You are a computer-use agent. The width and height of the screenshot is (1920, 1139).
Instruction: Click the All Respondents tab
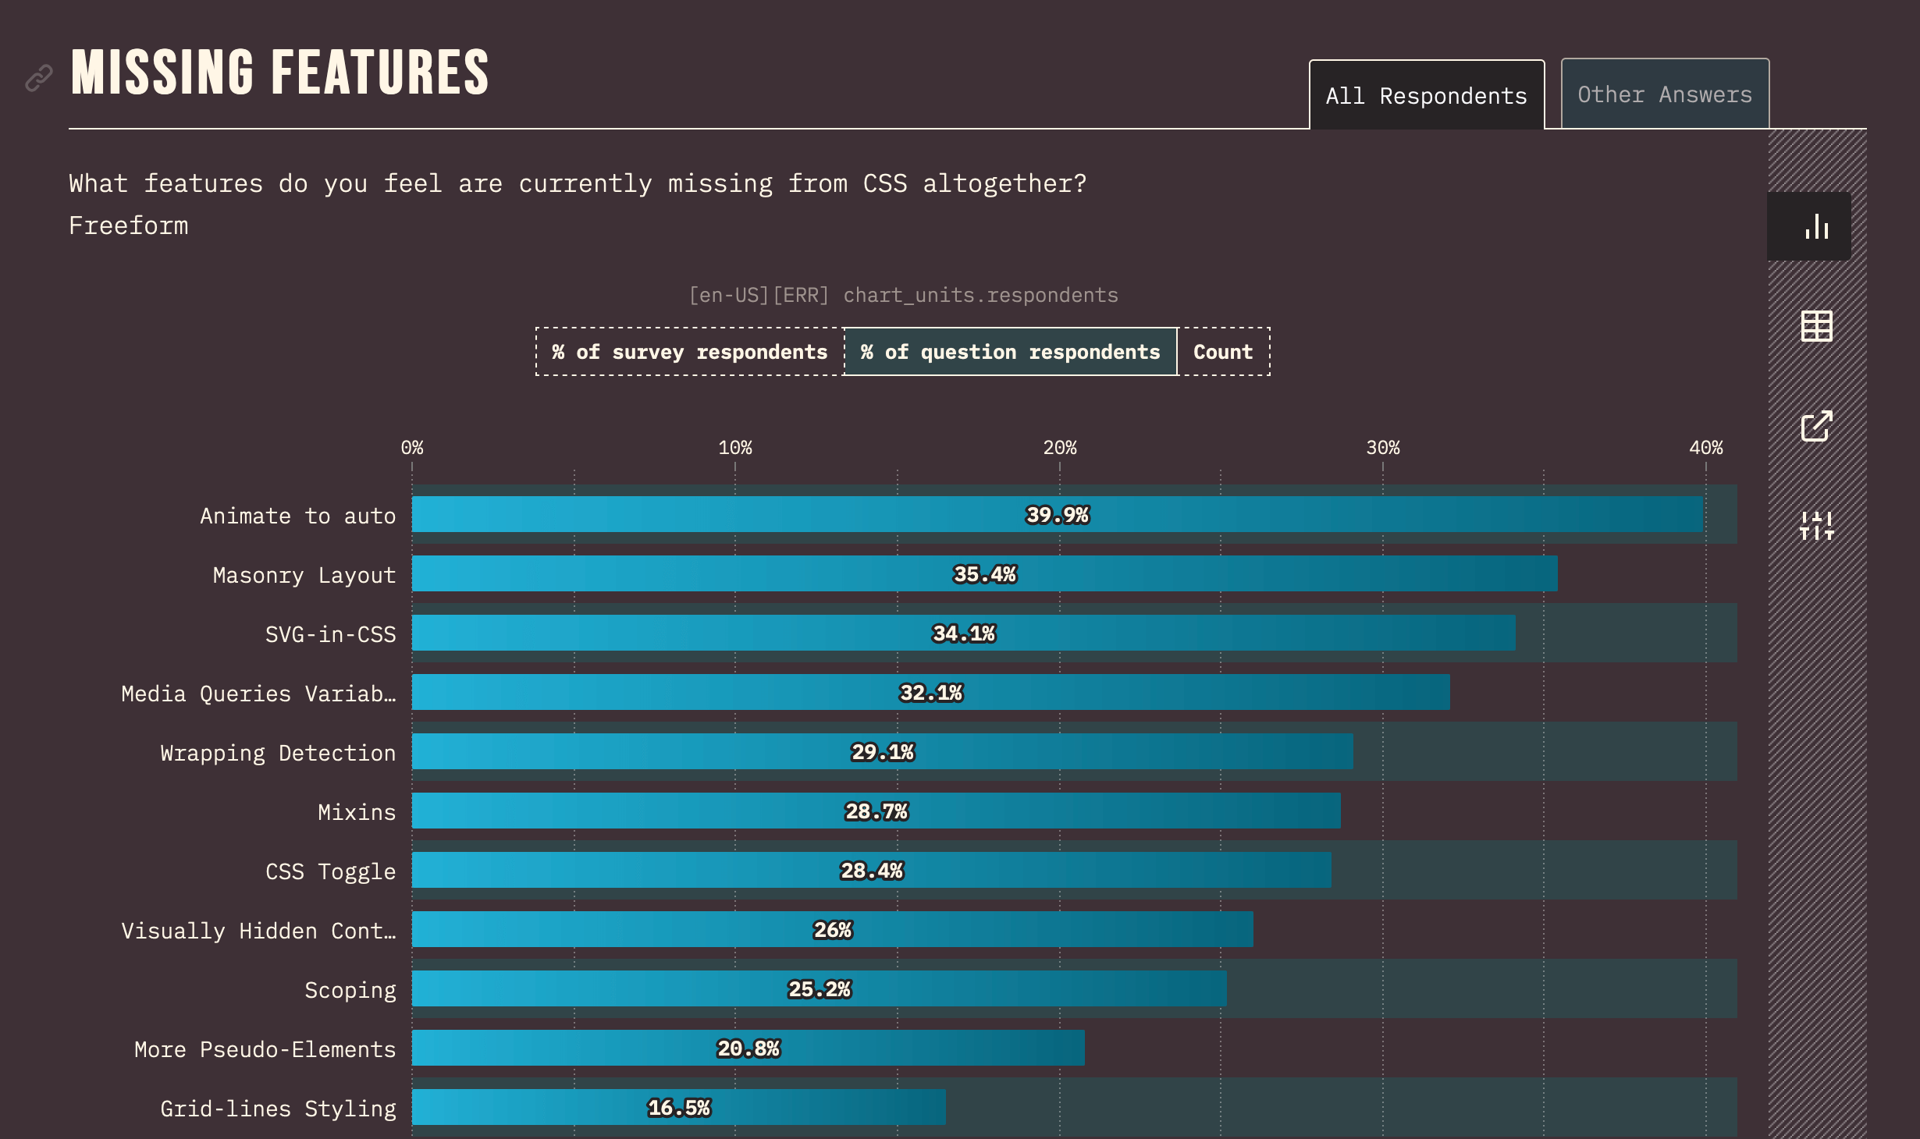coord(1426,96)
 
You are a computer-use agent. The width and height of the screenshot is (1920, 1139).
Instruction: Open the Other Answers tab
coord(1664,94)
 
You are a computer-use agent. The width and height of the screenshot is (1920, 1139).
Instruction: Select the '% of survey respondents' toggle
coord(689,352)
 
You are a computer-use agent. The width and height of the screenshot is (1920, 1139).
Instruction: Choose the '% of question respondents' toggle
coord(1010,352)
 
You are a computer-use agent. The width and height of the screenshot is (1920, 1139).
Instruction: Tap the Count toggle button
coord(1223,352)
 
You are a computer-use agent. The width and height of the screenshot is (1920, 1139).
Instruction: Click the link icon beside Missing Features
coord(39,78)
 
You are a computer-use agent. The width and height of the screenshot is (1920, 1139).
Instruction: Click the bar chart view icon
coord(1816,226)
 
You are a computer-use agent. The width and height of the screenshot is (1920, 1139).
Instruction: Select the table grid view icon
coord(1816,326)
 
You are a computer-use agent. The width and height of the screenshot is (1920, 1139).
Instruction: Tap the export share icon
coord(1816,426)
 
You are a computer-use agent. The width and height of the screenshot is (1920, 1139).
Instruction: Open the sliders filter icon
coord(1816,526)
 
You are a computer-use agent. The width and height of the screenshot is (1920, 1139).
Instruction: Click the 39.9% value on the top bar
coord(1057,515)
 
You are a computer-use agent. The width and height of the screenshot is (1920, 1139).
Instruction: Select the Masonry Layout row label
coord(304,575)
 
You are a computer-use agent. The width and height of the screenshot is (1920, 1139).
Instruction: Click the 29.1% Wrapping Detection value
coord(882,752)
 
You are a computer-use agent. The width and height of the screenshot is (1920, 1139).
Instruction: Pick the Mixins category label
coord(357,812)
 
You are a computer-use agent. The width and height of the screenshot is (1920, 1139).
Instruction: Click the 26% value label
coord(833,930)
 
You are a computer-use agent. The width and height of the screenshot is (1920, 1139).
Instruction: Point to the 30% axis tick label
coord(1382,448)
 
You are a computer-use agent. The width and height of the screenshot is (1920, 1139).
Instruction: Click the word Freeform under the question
coord(129,225)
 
